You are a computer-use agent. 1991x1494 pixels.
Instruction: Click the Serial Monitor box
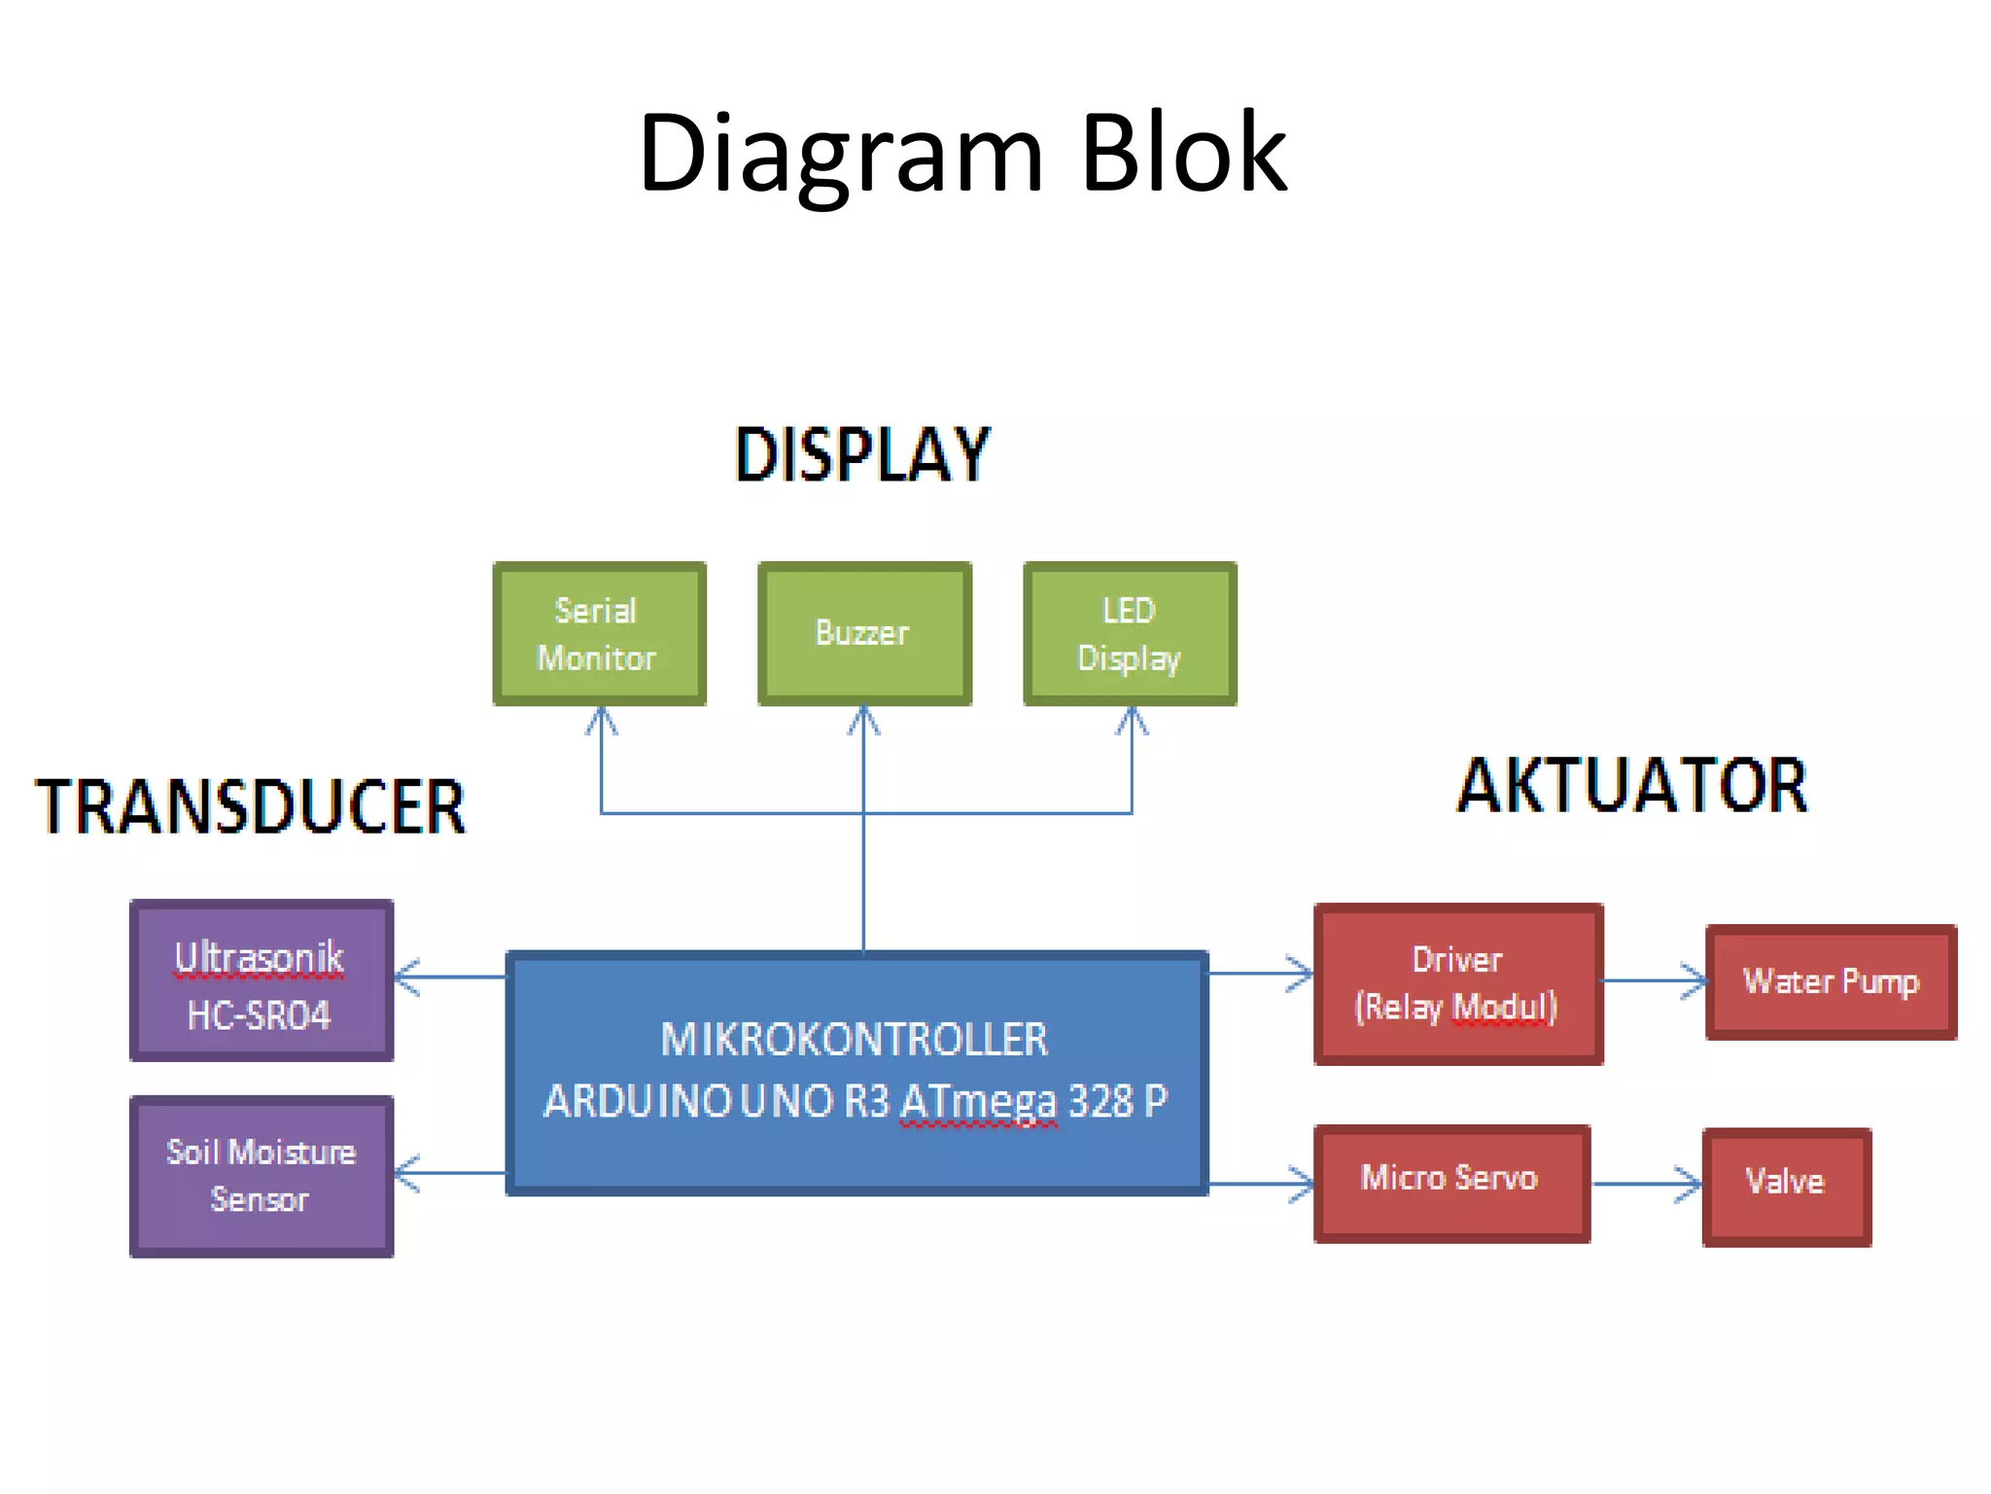tap(599, 633)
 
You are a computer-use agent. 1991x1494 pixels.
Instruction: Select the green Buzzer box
tap(864, 633)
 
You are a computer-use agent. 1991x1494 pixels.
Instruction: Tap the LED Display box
tap(1130, 633)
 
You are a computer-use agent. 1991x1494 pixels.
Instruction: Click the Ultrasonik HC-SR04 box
tap(262, 980)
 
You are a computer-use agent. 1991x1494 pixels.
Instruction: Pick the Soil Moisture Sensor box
tap(262, 1176)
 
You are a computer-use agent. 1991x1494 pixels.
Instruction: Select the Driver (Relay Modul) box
tap(1457, 983)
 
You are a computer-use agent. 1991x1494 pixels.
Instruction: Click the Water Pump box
tap(1831, 982)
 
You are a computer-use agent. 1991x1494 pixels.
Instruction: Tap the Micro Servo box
tap(1450, 1183)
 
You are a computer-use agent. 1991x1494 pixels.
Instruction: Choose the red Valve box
tap(1786, 1187)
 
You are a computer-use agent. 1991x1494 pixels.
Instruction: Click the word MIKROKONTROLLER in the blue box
tap(854, 1040)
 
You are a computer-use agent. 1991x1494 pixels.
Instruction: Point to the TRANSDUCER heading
tap(251, 806)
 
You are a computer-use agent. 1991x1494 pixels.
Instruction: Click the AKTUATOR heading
tap(1631, 786)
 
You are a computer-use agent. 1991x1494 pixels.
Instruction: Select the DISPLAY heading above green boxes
tap(862, 454)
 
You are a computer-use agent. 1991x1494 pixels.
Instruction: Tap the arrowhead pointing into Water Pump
tap(1695, 980)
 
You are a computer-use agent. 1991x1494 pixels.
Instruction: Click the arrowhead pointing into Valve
tap(1691, 1184)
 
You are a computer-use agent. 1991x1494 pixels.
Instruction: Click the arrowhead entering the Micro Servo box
tap(1303, 1184)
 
